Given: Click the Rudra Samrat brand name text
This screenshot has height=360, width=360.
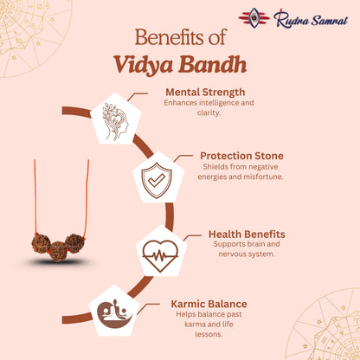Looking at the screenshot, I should click(x=307, y=18).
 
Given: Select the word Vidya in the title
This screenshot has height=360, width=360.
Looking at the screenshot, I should click(x=145, y=65).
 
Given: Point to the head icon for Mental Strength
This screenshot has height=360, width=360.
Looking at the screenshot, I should click(x=117, y=120).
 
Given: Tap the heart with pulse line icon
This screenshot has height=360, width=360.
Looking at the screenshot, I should click(x=160, y=254).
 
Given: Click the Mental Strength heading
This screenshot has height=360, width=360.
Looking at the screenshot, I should click(x=204, y=91).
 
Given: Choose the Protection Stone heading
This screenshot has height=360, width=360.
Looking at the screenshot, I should click(x=241, y=156).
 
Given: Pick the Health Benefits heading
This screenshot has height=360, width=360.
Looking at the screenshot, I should click(x=247, y=234).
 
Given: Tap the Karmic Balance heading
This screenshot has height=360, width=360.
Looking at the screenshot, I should click(x=207, y=304).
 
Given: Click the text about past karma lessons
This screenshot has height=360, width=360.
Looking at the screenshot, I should click(x=207, y=325).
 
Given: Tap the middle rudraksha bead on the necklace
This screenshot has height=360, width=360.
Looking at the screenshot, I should click(x=59, y=251).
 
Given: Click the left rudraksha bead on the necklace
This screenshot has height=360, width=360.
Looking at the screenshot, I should click(x=41, y=243).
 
